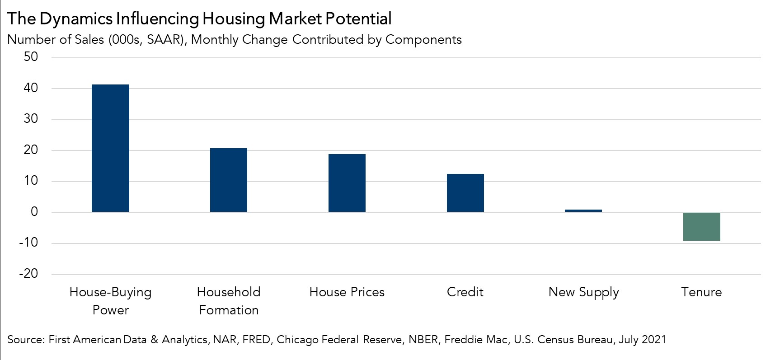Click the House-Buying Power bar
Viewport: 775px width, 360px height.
[110, 148]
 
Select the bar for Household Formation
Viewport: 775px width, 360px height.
[229, 180]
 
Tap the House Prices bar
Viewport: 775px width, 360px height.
[347, 183]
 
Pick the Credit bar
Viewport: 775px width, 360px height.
[465, 193]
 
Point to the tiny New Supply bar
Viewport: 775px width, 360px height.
[583, 210]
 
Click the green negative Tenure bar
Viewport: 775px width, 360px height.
[701, 226]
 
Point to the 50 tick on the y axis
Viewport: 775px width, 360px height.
[31, 57]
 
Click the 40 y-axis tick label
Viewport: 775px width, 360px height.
[31, 88]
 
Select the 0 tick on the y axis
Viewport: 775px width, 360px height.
[34, 212]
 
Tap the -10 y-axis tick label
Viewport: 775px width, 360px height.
[28, 243]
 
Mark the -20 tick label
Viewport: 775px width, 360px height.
[28, 273]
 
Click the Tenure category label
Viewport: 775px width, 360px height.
[701, 292]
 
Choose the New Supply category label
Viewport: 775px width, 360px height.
[583, 293]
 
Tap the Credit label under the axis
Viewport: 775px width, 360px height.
[465, 292]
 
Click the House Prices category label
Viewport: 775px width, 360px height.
[347, 292]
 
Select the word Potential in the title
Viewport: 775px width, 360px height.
[358, 19]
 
